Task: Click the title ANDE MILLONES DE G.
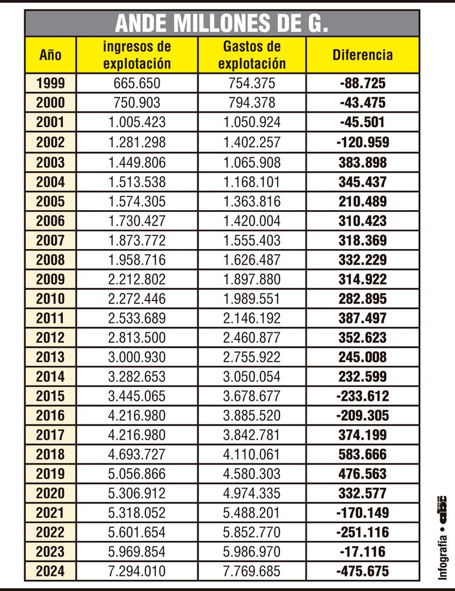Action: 222,24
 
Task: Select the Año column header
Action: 50,55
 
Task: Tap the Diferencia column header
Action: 362,55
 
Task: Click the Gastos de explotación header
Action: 251,55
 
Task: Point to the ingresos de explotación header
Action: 136,55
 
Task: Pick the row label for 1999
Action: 50,83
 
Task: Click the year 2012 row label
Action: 50,338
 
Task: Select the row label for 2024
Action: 50,572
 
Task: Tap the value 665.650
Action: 136,83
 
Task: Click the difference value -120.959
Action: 362,142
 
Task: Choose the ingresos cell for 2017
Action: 136,435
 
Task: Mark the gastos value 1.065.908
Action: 251,162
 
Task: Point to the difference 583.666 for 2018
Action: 362,455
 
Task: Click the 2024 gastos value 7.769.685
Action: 251,572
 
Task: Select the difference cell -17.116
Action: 362,552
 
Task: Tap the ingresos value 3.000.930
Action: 136,357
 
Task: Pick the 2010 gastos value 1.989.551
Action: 251,299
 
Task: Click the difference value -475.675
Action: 362,572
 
